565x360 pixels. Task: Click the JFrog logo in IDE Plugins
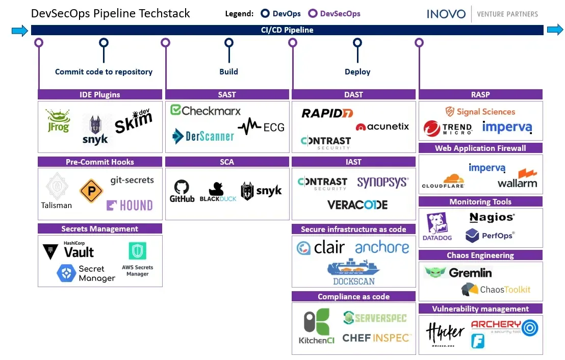click(57, 121)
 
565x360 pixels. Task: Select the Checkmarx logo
click(205, 111)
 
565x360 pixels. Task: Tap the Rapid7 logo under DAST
click(327, 113)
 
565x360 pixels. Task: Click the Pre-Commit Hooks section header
click(100, 162)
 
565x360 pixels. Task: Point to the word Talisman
click(57, 205)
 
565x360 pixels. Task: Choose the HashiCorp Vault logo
click(69, 250)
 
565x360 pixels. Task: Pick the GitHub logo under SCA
click(182, 191)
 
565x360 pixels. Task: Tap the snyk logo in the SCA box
click(261, 191)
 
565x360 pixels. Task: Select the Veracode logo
click(357, 205)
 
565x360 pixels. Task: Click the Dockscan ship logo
click(353, 271)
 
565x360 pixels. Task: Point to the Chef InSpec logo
click(376, 338)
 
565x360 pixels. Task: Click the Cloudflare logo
click(443, 182)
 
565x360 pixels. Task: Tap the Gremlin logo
click(458, 273)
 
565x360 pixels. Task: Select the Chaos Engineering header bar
click(480, 255)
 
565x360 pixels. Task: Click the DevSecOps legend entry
click(335, 14)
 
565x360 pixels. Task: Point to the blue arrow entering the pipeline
click(19, 31)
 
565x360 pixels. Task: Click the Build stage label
click(228, 71)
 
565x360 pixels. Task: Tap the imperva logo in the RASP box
click(507, 127)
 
